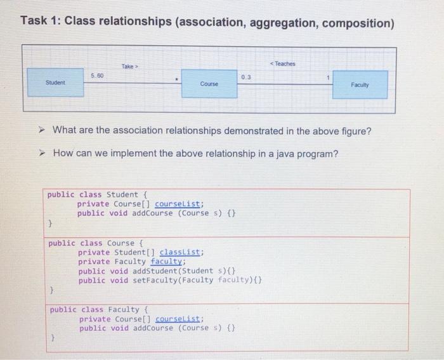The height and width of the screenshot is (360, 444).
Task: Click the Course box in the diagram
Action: (209, 84)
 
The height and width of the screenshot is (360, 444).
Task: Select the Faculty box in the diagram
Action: (361, 84)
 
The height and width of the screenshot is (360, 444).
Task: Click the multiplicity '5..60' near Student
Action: (97, 76)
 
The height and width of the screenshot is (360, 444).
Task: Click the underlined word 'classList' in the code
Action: (181, 252)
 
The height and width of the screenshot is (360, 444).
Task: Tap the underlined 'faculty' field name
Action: (167, 262)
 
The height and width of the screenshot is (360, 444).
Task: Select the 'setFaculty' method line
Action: (171, 280)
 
